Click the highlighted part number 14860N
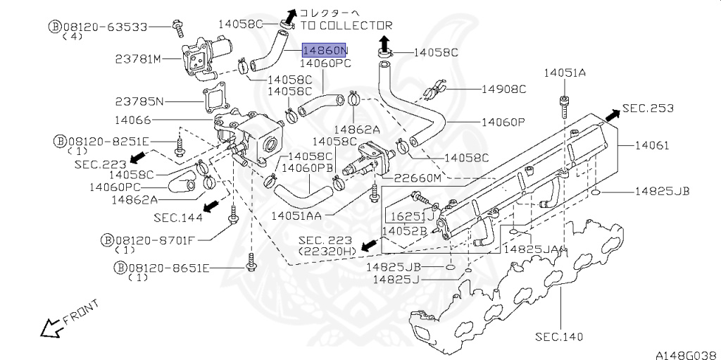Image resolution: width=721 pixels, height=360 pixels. (325, 51)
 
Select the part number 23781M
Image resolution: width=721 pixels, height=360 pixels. (138, 59)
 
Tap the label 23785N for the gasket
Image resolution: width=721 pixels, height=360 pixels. (139, 101)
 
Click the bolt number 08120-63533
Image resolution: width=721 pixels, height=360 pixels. (108, 27)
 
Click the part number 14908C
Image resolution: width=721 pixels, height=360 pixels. (503, 89)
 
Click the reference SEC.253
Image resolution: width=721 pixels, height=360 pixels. (648, 108)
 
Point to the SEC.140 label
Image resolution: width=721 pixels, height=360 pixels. (559, 337)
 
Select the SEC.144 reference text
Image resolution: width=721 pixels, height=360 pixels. (178, 217)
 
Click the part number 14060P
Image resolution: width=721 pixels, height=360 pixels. (503, 122)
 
